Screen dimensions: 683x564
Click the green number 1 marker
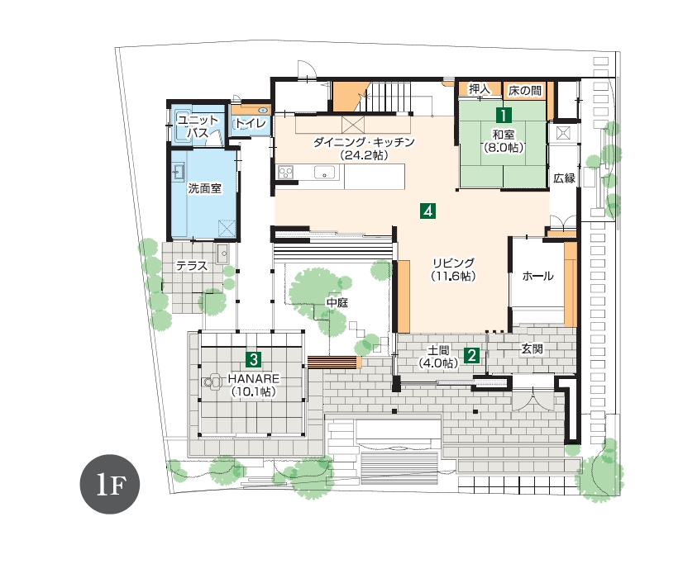[x=503, y=116]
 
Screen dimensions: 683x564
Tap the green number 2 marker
[x=472, y=355]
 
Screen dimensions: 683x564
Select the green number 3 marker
[x=254, y=359]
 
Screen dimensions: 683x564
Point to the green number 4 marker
[x=428, y=211]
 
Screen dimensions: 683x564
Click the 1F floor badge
[x=110, y=484]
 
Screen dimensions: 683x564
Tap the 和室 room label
[x=503, y=135]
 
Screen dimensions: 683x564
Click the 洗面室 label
[x=205, y=188]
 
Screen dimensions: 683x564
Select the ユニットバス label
[x=198, y=126]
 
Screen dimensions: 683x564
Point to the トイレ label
[x=251, y=124]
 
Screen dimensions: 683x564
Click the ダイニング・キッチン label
[x=364, y=142]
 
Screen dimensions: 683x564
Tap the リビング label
[x=453, y=263]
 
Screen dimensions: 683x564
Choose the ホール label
[x=537, y=276]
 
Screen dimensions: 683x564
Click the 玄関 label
[x=532, y=348]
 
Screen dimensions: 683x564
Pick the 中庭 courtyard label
[x=337, y=302]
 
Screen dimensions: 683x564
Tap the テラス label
[x=192, y=266]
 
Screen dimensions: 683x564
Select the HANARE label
[x=254, y=379]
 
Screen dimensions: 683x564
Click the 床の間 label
[x=525, y=91]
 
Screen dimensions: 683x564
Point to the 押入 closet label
[x=479, y=89]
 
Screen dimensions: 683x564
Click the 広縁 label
[x=564, y=178]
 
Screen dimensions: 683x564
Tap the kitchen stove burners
[x=286, y=173]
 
